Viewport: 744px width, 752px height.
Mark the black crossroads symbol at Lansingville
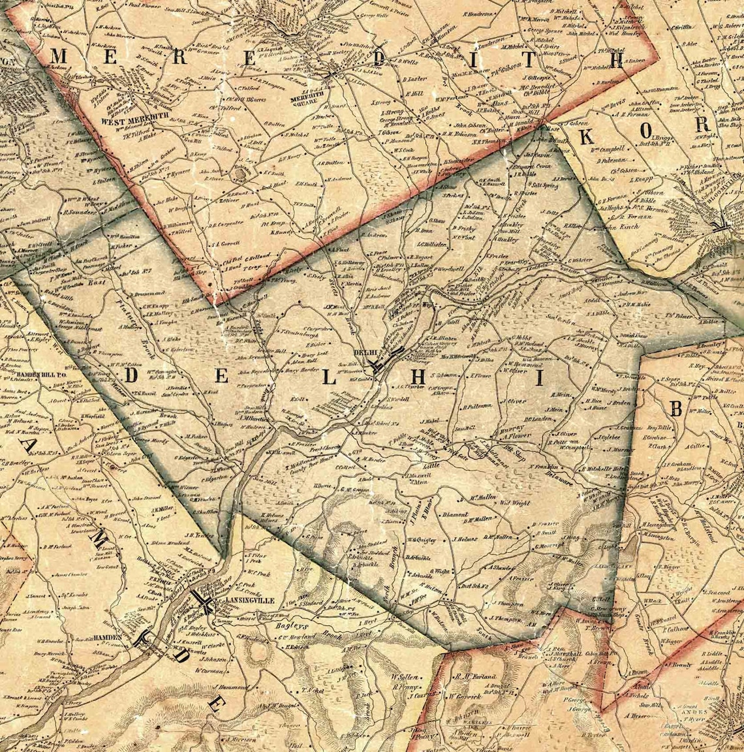pos(202,599)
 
